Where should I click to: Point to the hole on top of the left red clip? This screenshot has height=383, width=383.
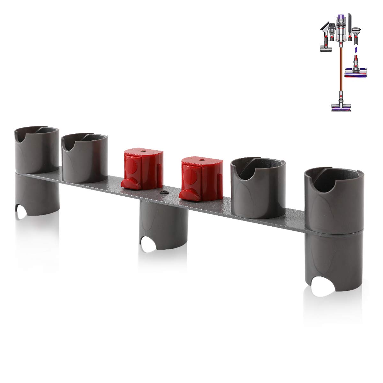coord(142,149)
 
